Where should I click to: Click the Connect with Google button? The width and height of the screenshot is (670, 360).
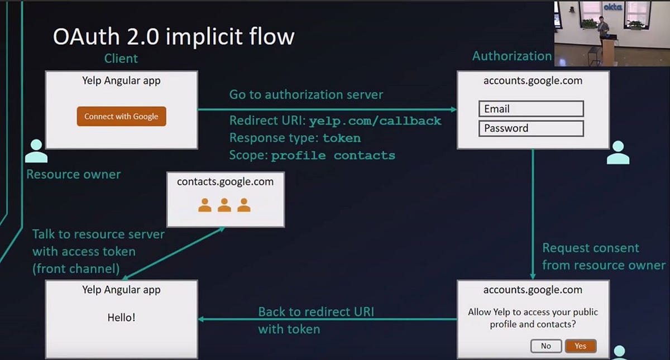(121, 116)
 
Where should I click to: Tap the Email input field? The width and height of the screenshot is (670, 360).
(531, 109)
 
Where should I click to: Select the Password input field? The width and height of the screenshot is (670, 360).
(531, 128)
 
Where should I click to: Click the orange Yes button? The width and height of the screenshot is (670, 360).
(581, 346)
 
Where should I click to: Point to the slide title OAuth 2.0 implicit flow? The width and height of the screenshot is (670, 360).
(173, 37)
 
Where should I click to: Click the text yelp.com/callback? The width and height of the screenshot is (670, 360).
(375, 121)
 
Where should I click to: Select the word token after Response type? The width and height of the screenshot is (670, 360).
(342, 138)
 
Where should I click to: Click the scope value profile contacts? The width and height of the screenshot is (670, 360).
(333, 156)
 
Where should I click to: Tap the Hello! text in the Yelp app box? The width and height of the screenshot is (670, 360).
(121, 318)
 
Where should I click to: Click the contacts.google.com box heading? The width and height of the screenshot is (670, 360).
(225, 181)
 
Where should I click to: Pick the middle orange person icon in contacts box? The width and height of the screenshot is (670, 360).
(224, 205)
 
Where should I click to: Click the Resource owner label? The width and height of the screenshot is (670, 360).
(74, 174)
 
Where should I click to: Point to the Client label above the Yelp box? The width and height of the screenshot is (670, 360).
(121, 58)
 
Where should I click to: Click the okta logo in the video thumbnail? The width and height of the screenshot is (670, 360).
(612, 7)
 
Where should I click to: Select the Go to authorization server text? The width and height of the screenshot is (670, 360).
(306, 94)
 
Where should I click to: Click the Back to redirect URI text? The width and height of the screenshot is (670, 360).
(315, 311)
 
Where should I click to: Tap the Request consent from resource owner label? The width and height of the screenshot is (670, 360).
(604, 256)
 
